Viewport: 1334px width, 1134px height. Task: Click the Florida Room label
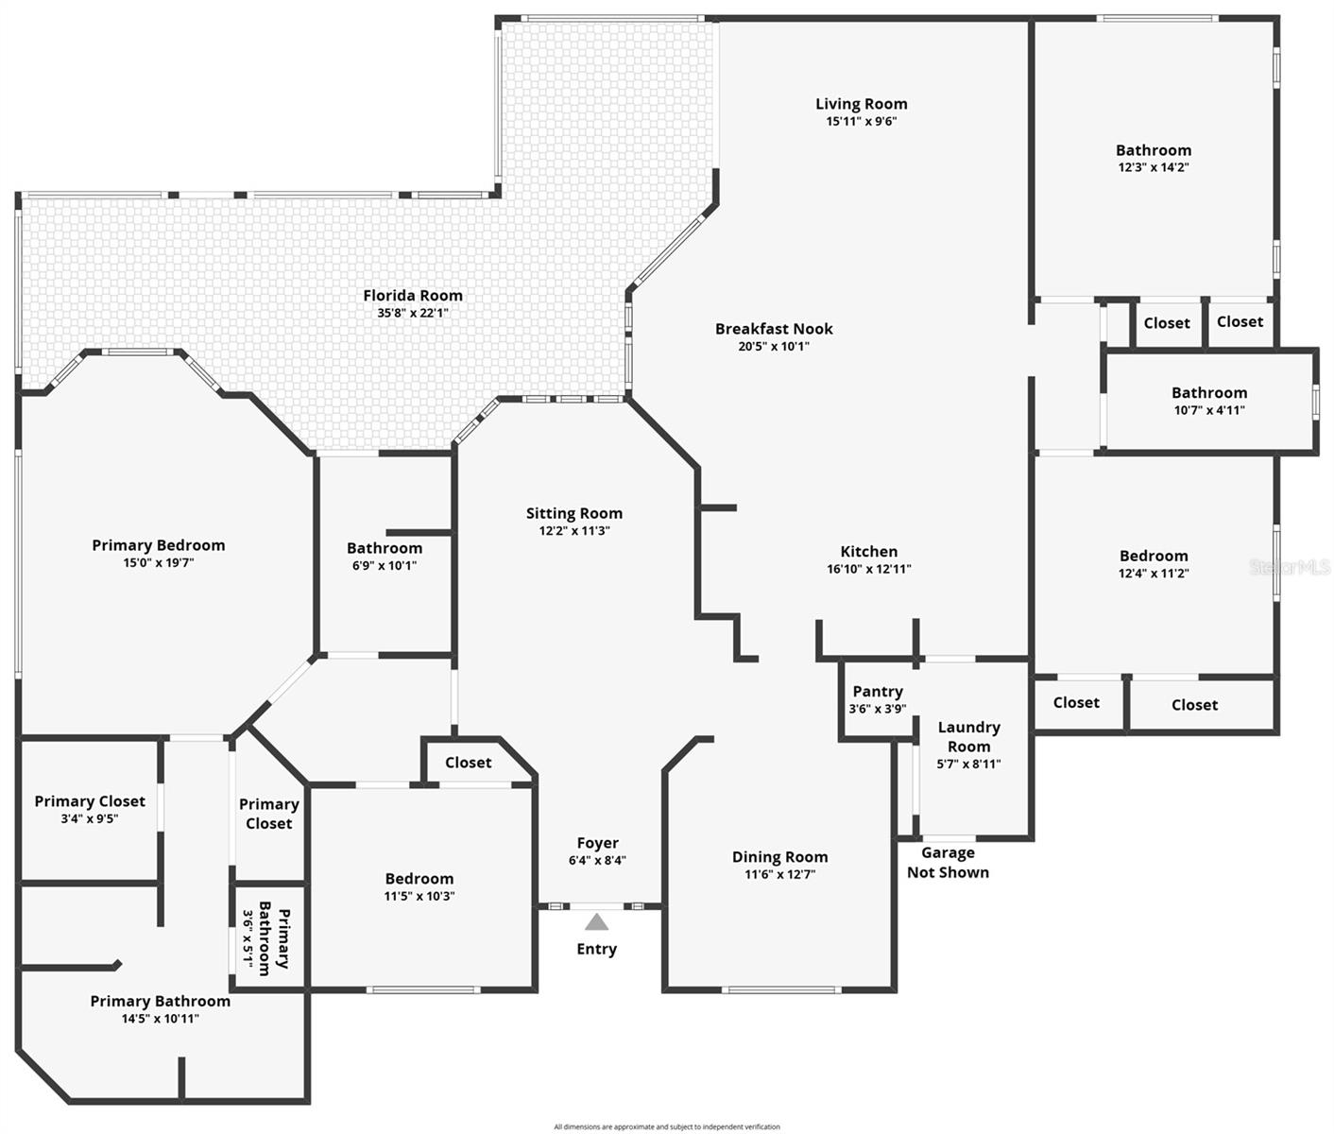click(x=413, y=296)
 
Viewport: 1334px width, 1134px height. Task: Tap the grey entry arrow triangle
click(x=596, y=921)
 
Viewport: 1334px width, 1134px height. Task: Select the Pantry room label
click(x=878, y=692)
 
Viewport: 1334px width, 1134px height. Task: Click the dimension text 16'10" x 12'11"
click(x=868, y=569)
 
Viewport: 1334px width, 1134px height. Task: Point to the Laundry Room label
click(x=968, y=736)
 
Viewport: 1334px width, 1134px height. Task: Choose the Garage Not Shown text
click(x=948, y=863)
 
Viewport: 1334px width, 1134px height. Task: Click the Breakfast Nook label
click(x=774, y=329)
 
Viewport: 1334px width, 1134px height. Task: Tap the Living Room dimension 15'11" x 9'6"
click(x=861, y=121)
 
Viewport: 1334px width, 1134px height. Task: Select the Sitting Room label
click(x=574, y=513)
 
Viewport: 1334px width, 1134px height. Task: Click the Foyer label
click(x=597, y=843)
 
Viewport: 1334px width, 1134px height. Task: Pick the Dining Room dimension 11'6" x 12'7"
click(x=779, y=874)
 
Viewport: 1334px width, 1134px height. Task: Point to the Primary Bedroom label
click(x=159, y=545)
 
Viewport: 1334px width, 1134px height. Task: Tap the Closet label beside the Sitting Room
click(x=469, y=763)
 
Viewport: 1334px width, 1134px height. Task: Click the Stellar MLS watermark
click(x=1290, y=567)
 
